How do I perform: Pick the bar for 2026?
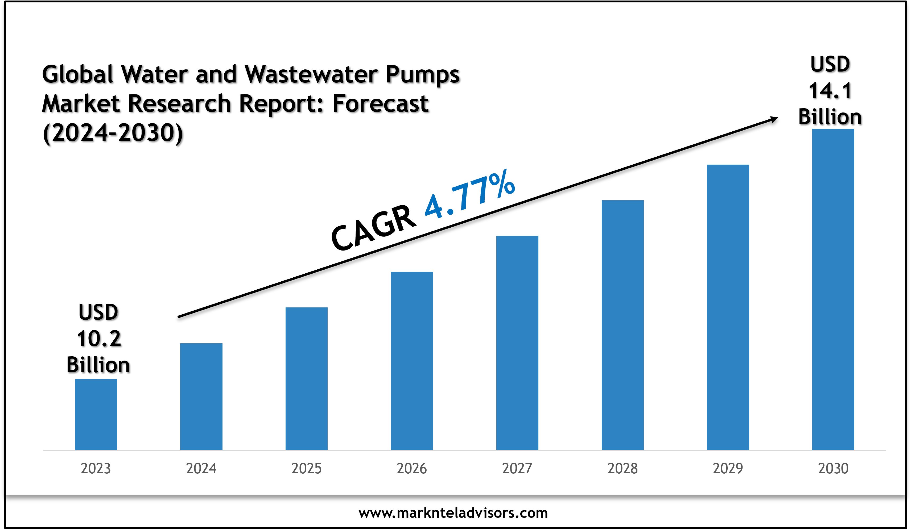coord(412,361)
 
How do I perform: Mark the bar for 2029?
coord(728,307)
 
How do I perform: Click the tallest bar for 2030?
coord(833,289)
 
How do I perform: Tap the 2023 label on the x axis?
coord(96,469)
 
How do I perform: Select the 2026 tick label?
coord(412,469)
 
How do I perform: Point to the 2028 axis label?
coord(623,469)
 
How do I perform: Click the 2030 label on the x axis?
coord(833,469)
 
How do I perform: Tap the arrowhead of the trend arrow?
coord(774,119)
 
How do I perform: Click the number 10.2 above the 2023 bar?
coord(99,339)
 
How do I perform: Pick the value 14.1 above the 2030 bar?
coord(830,90)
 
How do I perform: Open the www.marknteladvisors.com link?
coord(453,513)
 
